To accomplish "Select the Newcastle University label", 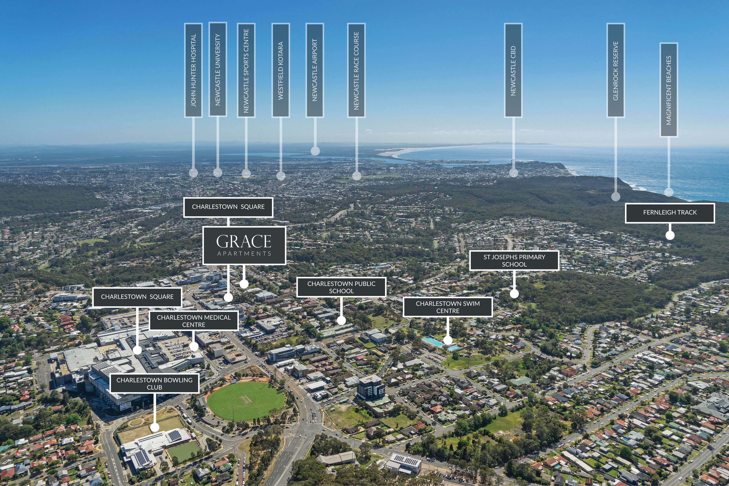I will (218, 69).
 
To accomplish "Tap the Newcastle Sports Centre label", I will (246, 70).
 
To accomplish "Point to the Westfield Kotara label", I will (281, 70).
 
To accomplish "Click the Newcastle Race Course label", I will (356, 70).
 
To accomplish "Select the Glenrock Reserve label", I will (615, 70).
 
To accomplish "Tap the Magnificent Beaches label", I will (669, 90).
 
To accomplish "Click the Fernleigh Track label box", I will (670, 213).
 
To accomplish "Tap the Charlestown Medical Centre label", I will (194, 321).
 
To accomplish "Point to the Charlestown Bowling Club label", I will (154, 384).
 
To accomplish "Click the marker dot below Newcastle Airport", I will (315, 151).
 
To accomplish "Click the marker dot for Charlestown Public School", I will (341, 320).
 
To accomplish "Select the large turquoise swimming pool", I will (433, 342).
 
